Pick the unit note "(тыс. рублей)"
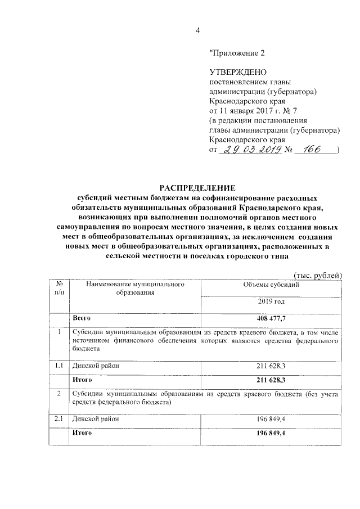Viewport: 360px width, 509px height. click(x=318, y=274)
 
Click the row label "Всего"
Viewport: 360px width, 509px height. click(x=82, y=318)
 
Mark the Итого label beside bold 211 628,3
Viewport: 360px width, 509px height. click(x=82, y=380)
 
